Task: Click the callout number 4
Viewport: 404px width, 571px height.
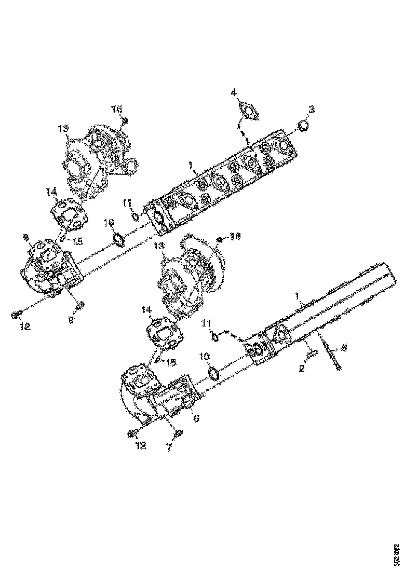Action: pos(234,92)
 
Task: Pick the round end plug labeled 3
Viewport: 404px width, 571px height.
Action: pos(303,125)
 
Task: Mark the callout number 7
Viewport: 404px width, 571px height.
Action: pos(169,447)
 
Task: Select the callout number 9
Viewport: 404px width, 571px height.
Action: pos(72,321)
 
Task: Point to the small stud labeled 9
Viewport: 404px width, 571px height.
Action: pos(79,305)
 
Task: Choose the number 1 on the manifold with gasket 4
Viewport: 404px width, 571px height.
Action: pos(191,165)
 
